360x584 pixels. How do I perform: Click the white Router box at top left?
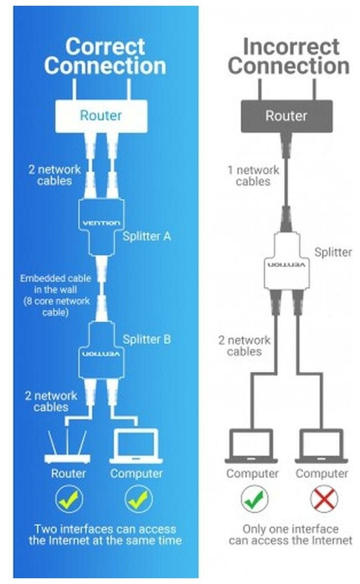tap(101, 116)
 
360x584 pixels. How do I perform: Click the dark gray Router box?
tap(286, 116)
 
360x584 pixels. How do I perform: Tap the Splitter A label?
tap(147, 236)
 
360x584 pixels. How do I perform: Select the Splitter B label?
tap(147, 339)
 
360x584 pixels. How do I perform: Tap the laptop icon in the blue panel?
tap(136, 447)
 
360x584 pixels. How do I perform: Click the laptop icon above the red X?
tap(322, 447)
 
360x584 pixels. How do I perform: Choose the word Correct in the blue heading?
tap(105, 46)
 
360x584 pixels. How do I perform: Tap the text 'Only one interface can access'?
tap(290, 534)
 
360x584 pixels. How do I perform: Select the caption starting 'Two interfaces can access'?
tap(105, 534)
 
